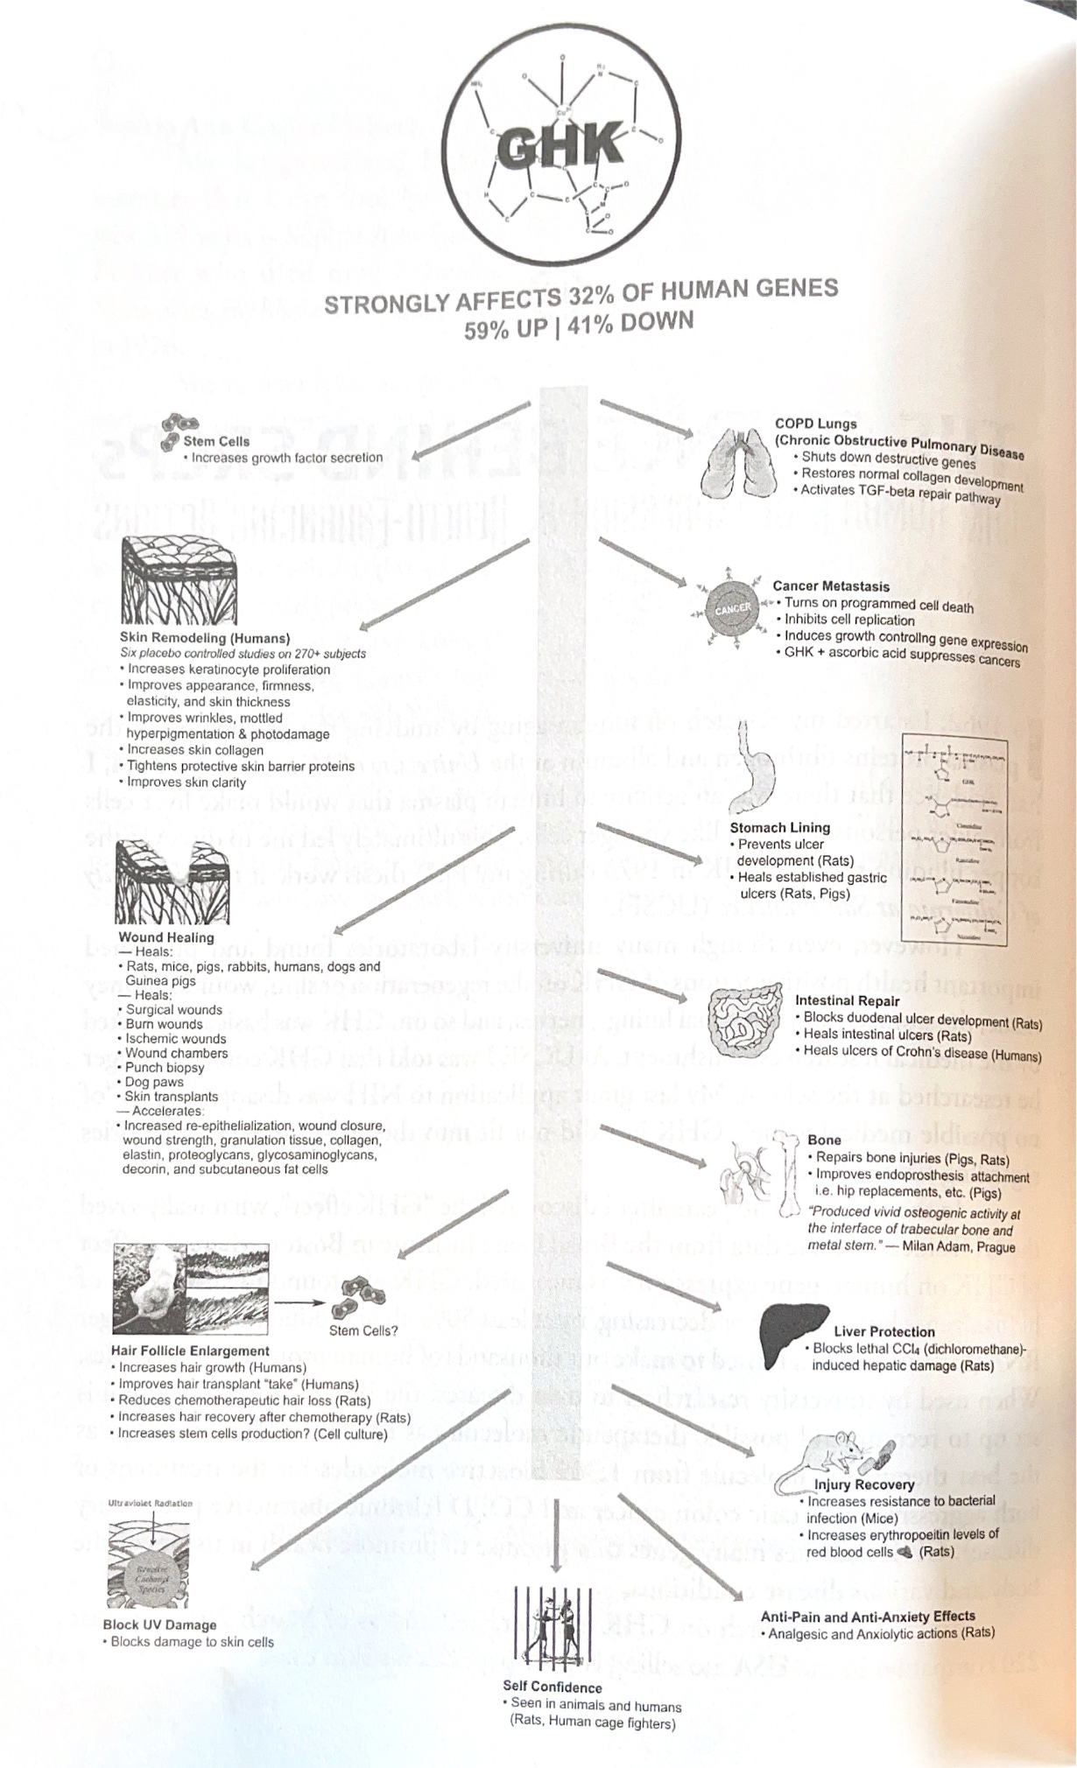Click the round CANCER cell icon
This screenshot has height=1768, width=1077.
pyautogui.click(x=732, y=607)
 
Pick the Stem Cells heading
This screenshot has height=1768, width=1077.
pyautogui.click(x=216, y=441)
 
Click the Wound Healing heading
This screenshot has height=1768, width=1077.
pyautogui.click(x=166, y=937)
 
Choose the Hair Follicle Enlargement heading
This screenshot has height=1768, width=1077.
pyautogui.click(x=190, y=1351)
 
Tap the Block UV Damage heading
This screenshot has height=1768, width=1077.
pyautogui.click(x=159, y=1624)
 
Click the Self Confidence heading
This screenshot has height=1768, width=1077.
pyautogui.click(x=553, y=1687)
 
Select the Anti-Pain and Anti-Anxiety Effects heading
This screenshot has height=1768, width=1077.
pyautogui.click(x=868, y=1617)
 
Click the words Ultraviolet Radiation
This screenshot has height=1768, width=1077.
pyautogui.click(x=151, y=1503)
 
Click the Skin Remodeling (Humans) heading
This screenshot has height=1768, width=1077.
pyautogui.click(x=205, y=638)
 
